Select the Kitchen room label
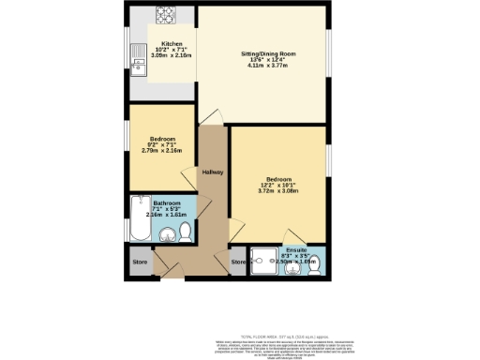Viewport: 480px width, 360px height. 172,44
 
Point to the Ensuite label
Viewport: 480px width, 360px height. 296,249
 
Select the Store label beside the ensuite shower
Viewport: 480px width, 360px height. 237,262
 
